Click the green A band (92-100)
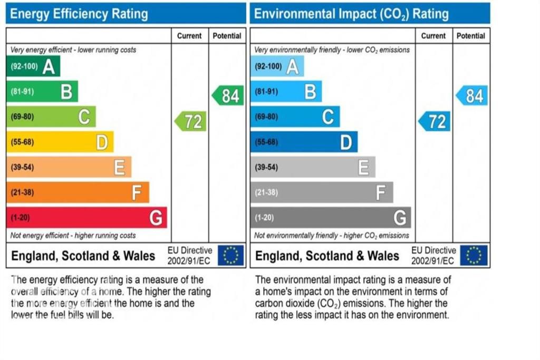(33, 66)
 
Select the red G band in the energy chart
(86, 218)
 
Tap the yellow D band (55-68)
(60, 142)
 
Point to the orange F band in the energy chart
(78, 192)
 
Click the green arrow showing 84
(228, 96)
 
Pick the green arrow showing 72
(190, 122)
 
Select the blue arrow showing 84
(472, 96)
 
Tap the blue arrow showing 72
(435, 122)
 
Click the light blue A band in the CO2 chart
(277, 66)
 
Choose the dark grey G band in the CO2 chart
(331, 218)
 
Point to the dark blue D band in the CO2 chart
(304, 142)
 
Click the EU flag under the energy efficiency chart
(231, 256)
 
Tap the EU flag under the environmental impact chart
(474, 256)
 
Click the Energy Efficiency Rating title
(79, 14)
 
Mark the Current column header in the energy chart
(189, 36)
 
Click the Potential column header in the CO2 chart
(471, 36)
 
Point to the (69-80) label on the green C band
(22, 116)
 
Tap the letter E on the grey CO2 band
(363, 168)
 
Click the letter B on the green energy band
(66, 92)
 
